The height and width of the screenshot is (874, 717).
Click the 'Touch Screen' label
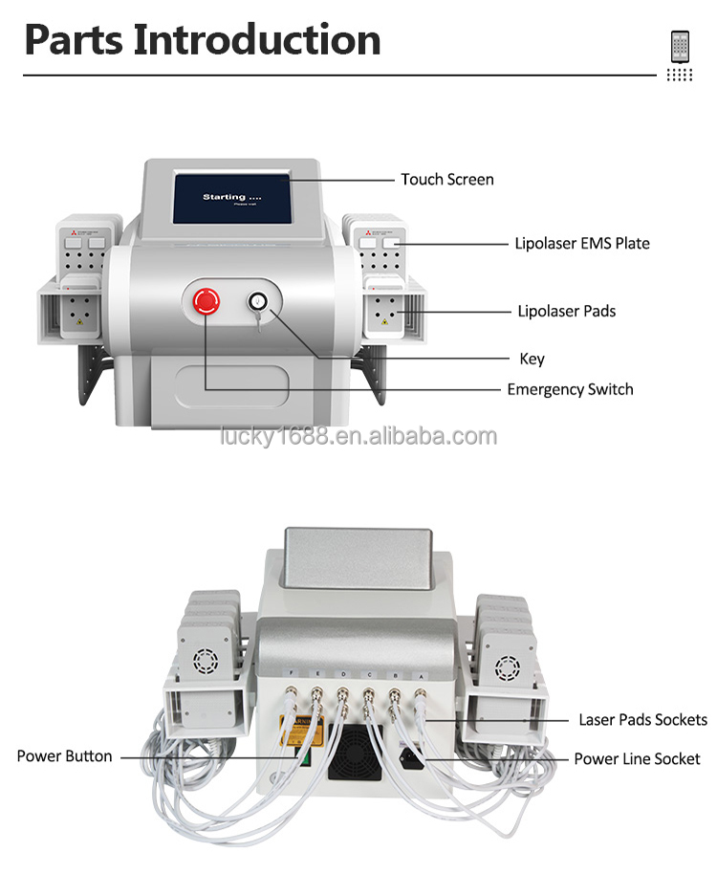446,179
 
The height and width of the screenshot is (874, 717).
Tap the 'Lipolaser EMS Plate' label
582,243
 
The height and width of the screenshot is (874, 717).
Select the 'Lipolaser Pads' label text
566,311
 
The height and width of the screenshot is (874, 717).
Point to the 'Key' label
532,359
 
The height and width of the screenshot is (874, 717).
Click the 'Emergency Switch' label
570,389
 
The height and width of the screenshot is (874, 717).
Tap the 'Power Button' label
64,756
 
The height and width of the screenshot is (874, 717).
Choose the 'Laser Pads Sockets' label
642,720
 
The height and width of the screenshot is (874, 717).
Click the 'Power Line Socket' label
637,759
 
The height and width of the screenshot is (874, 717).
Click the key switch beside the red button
257,303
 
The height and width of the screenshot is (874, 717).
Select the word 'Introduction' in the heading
256,39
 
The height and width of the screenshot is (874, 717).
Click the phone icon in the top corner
681,47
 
